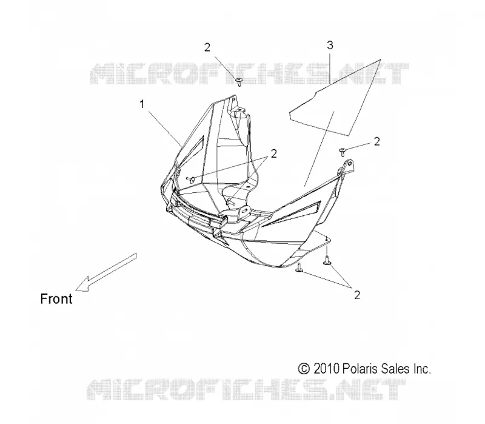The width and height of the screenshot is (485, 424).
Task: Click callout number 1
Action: coord(142,104)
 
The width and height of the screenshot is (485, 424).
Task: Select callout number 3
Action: coord(330,45)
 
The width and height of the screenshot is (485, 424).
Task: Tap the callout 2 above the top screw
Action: coord(207,47)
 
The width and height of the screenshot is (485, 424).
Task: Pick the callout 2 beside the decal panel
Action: coord(376,141)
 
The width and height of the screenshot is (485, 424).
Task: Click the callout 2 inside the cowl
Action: coord(274,153)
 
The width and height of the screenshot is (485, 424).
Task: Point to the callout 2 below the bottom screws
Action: coord(357,295)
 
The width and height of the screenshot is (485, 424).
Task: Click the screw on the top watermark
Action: coord(239,82)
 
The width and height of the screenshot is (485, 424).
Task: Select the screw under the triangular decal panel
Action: coord(343,151)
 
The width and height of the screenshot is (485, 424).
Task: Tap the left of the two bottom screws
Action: coord(299,268)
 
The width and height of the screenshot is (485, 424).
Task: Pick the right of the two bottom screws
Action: coord(327,260)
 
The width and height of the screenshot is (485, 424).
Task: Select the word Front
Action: coord(56,299)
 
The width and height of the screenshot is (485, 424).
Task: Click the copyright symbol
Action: coord(304,369)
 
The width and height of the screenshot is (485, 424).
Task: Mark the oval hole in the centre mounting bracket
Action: coord(246,211)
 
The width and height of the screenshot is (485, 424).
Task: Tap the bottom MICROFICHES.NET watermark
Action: coord(246,390)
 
